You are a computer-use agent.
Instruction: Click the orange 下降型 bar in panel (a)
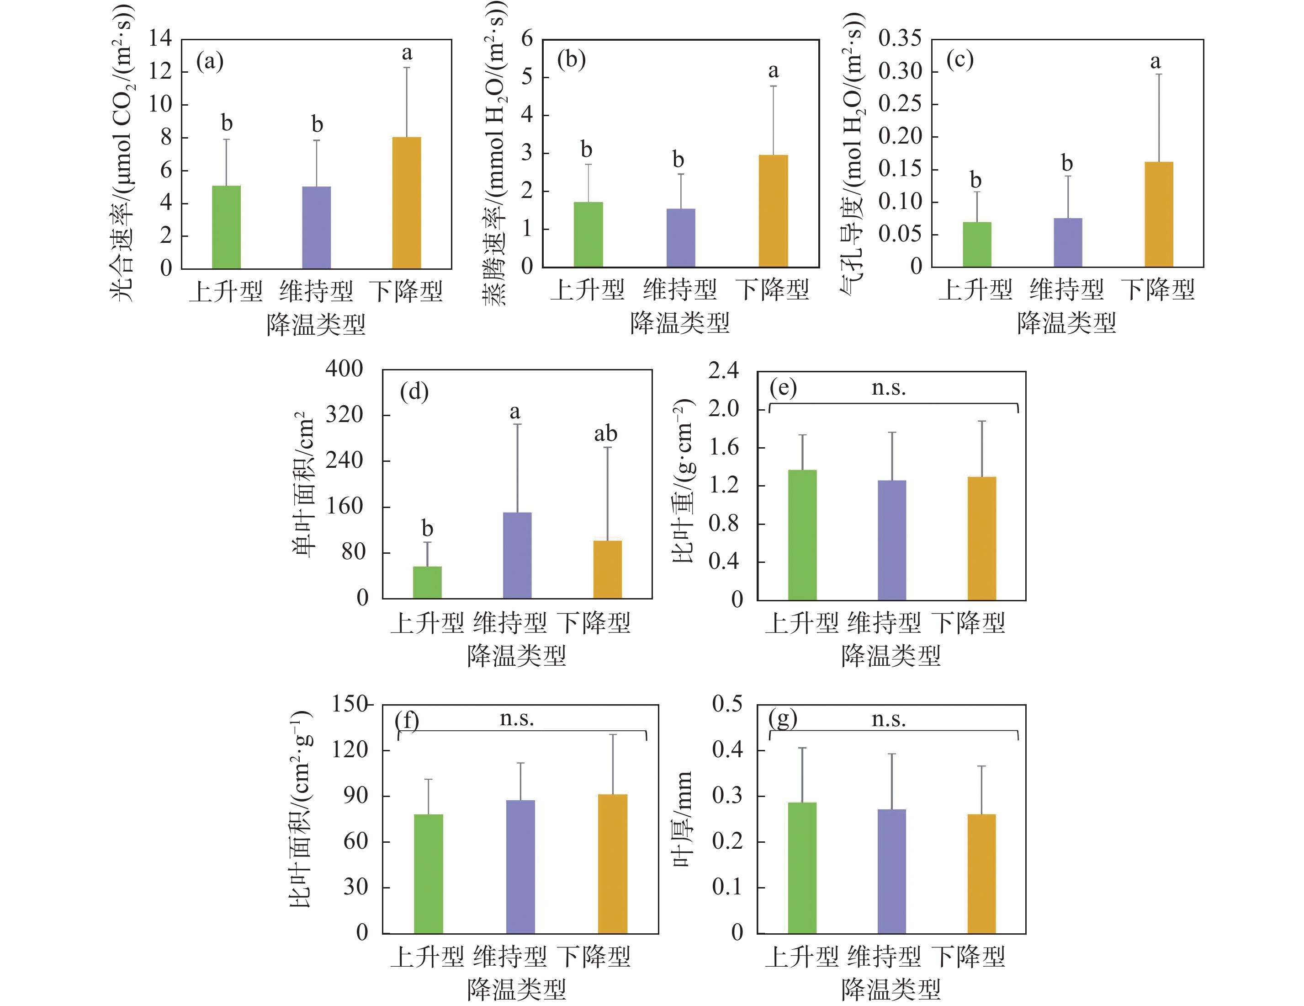(x=406, y=203)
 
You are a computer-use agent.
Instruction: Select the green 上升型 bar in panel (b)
(x=588, y=234)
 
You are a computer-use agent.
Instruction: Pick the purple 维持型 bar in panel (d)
(x=517, y=556)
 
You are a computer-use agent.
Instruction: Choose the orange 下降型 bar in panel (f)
(x=613, y=863)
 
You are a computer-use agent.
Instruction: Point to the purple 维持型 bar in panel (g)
(x=892, y=871)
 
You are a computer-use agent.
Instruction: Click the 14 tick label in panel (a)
(x=160, y=38)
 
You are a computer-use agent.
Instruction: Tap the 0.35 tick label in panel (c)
(x=900, y=38)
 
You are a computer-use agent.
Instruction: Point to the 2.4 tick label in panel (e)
(x=723, y=370)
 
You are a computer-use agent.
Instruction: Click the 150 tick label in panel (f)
(x=350, y=704)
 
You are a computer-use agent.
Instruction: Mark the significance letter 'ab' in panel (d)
(x=605, y=433)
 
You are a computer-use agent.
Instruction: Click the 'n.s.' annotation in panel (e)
(x=888, y=388)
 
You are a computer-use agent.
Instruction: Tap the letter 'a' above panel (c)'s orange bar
(x=1156, y=61)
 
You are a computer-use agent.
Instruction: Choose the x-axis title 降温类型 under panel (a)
(x=316, y=324)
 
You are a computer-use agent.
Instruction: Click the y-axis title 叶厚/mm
(x=683, y=819)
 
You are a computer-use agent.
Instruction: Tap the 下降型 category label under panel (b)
(x=773, y=290)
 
